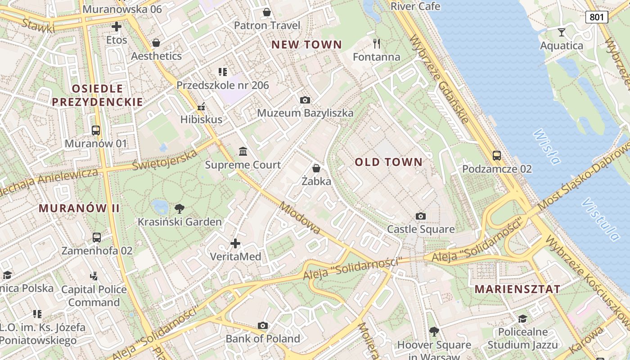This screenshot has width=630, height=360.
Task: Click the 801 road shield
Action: pyautogui.click(x=597, y=17)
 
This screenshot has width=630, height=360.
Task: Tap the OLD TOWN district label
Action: pyautogui.click(x=389, y=162)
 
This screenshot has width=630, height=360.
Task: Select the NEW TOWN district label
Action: pyautogui.click(x=307, y=45)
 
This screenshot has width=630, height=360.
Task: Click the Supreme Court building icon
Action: pyautogui.click(x=243, y=151)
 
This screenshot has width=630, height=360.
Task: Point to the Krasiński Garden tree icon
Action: pyautogui.click(x=180, y=208)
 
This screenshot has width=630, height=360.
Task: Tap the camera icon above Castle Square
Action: pyautogui.click(x=421, y=216)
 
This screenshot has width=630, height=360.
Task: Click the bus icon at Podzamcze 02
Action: pyautogui.click(x=497, y=156)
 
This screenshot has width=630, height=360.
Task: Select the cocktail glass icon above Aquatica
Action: pyautogui.click(x=561, y=32)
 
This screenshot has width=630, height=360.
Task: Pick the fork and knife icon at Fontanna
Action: pyautogui.click(x=377, y=43)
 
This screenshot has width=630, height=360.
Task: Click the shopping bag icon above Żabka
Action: pyautogui.click(x=316, y=168)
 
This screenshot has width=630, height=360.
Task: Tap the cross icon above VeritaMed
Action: pyautogui.click(x=235, y=243)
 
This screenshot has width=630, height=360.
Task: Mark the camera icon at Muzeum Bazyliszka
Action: pyautogui.click(x=305, y=100)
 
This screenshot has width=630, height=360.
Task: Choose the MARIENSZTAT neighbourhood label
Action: pyautogui.click(x=518, y=289)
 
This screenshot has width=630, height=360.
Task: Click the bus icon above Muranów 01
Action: pyautogui.click(x=96, y=130)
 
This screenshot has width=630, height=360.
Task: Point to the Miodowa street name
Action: pyautogui.click(x=300, y=218)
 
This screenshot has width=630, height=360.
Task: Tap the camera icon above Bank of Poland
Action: pyautogui.click(x=263, y=325)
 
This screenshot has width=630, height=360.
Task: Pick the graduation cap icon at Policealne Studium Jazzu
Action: pyautogui.click(x=522, y=319)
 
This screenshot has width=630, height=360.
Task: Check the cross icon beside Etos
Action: pyautogui.click(x=117, y=27)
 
